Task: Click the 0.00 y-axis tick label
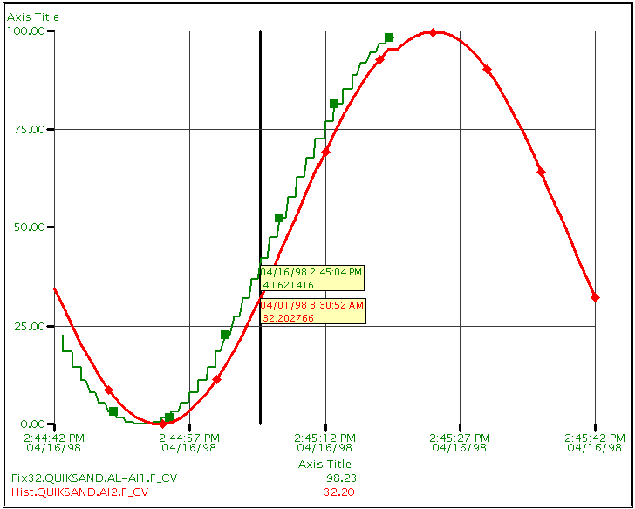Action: [32, 424]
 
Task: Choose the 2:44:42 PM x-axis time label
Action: [55, 438]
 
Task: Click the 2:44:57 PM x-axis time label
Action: [189, 438]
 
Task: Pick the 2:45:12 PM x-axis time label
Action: [325, 438]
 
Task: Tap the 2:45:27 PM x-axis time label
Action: [460, 438]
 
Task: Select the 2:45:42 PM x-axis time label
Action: [595, 438]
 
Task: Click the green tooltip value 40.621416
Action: [289, 285]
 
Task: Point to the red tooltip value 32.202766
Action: [289, 318]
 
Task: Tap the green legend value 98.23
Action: [341, 478]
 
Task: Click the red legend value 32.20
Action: [340, 492]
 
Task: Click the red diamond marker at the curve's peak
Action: [433, 32]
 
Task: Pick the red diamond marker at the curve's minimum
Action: [162, 424]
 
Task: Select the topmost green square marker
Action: [389, 37]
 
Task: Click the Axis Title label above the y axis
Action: [33, 17]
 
